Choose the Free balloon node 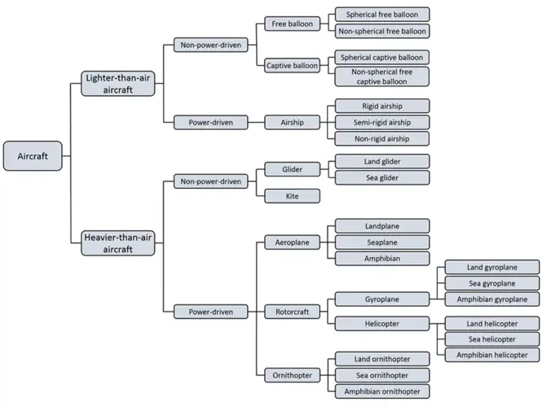(x=292, y=24)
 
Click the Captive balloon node (x=292, y=65)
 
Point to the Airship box (x=292, y=122)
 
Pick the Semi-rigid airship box (x=382, y=122)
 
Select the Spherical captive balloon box (x=382, y=57)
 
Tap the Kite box (x=292, y=195)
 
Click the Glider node (x=292, y=169)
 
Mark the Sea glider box (x=382, y=177)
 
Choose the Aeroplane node (x=292, y=242)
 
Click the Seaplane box (x=382, y=242)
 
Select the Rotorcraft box (x=292, y=311)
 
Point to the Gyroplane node (x=382, y=299)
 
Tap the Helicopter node (x=382, y=323)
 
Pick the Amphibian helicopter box (x=491, y=355)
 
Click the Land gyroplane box (x=491, y=267)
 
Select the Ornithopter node (x=292, y=375)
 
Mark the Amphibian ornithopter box (x=382, y=391)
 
